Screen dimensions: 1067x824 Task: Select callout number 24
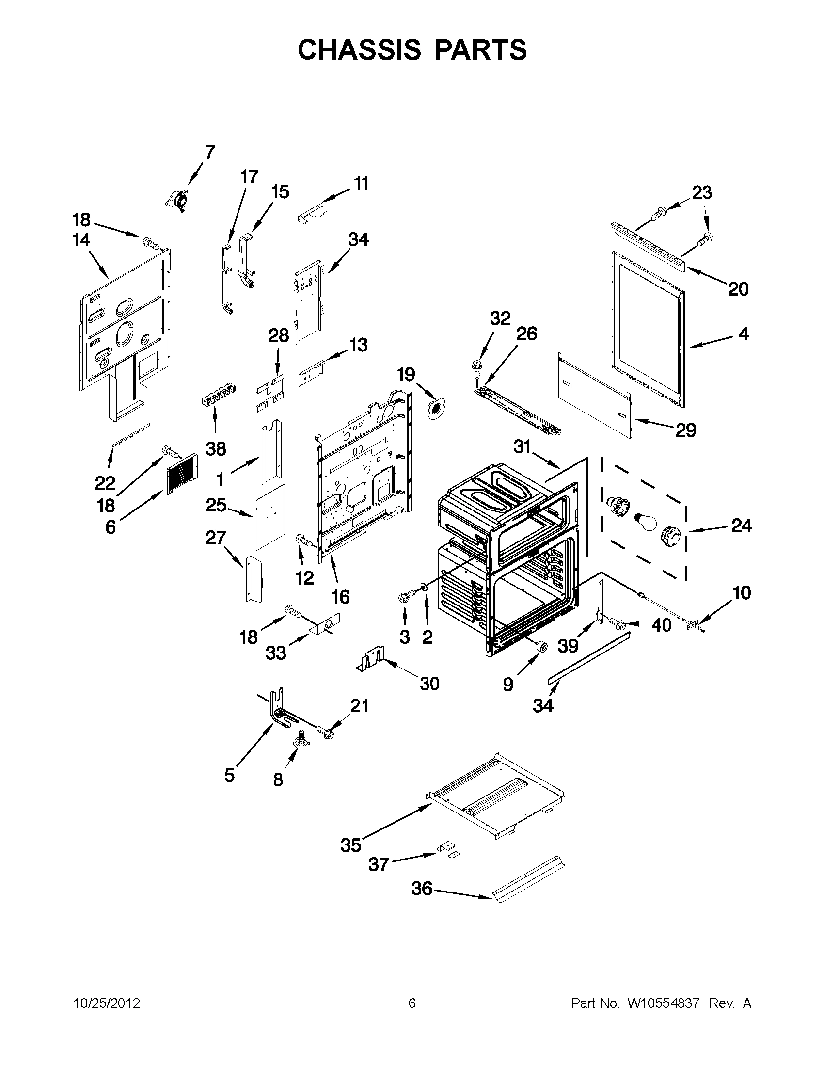click(x=741, y=526)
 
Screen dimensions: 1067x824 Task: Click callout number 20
click(x=738, y=289)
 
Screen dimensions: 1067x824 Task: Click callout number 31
click(x=522, y=446)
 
